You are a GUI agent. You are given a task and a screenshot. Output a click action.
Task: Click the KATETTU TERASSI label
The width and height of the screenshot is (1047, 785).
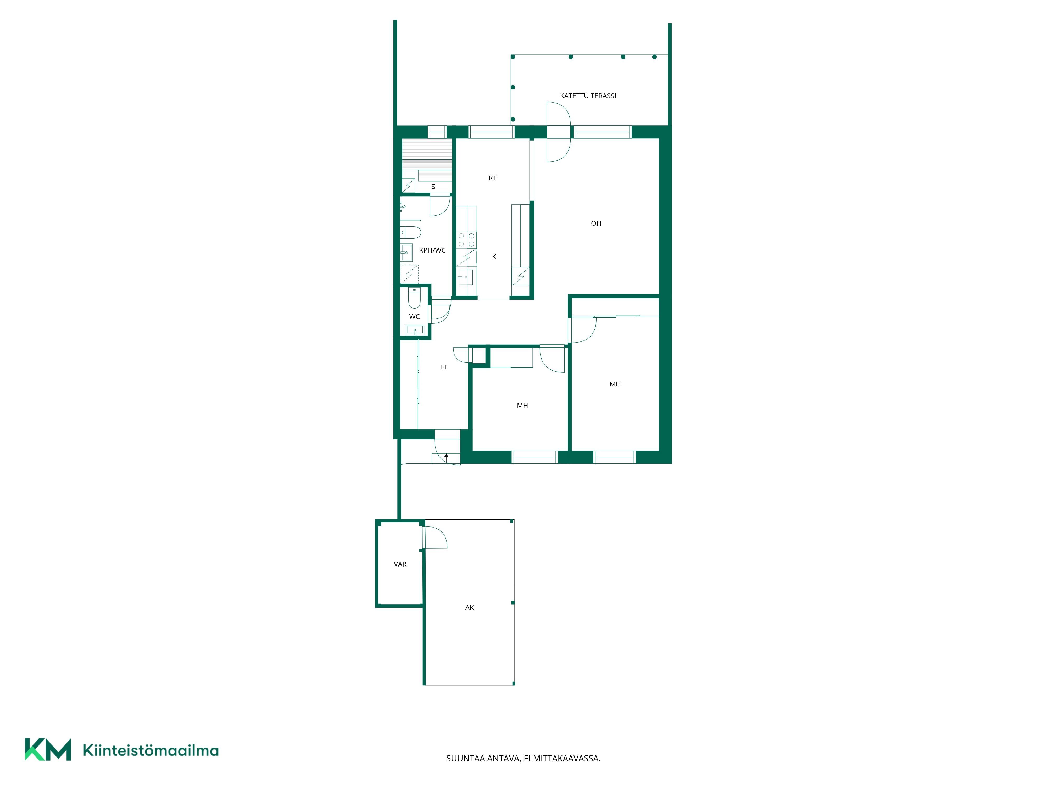(588, 96)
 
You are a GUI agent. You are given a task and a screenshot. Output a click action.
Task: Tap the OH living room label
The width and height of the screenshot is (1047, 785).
(596, 223)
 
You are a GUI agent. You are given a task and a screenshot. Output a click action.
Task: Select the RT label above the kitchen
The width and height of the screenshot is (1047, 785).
(493, 178)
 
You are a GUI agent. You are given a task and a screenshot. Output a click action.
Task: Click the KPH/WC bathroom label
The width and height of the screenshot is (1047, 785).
(432, 250)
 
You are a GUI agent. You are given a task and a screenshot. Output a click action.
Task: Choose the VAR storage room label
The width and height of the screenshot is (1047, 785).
(400, 564)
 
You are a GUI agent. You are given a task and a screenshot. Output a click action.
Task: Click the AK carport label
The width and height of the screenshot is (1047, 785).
(470, 608)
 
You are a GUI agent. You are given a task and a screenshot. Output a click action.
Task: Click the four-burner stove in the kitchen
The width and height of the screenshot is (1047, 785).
(466, 240)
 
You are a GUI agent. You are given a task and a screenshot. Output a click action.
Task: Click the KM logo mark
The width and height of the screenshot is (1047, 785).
(48, 749)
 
